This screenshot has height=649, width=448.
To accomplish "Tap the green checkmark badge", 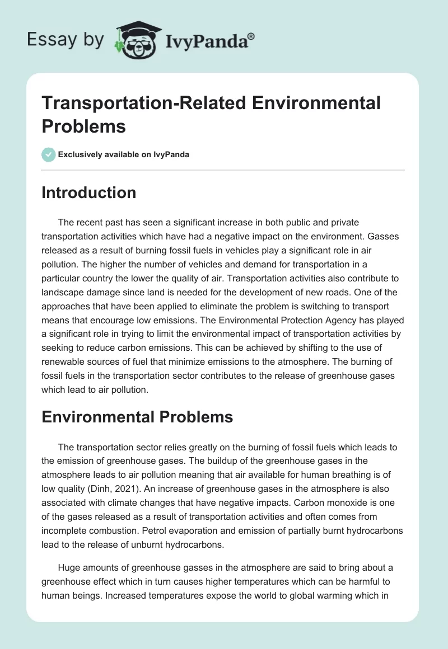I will click(49, 154).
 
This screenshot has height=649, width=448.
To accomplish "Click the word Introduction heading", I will click(88, 192).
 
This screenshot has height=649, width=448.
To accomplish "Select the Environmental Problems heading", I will click(137, 417).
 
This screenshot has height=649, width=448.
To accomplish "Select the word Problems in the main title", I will click(83, 126).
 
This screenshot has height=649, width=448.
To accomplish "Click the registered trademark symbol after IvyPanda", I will click(251, 36).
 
